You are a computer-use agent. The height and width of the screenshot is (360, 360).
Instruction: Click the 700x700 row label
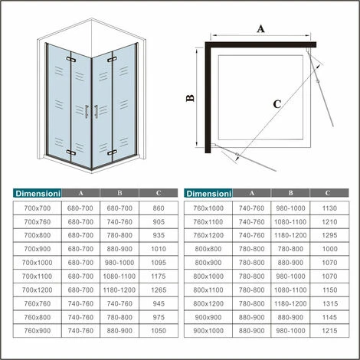(37, 208)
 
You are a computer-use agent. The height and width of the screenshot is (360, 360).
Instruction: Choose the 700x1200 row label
(37, 290)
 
